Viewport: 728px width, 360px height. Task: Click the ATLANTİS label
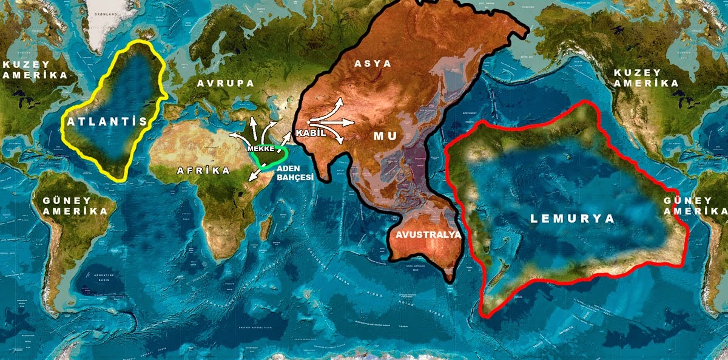point(107,121)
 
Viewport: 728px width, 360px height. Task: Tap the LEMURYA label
point(572,219)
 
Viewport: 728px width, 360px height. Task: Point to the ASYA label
point(372,63)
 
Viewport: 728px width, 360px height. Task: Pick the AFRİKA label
point(203,171)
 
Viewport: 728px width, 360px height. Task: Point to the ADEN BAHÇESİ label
point(295,172)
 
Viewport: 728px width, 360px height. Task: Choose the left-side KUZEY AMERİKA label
point(33,69)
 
